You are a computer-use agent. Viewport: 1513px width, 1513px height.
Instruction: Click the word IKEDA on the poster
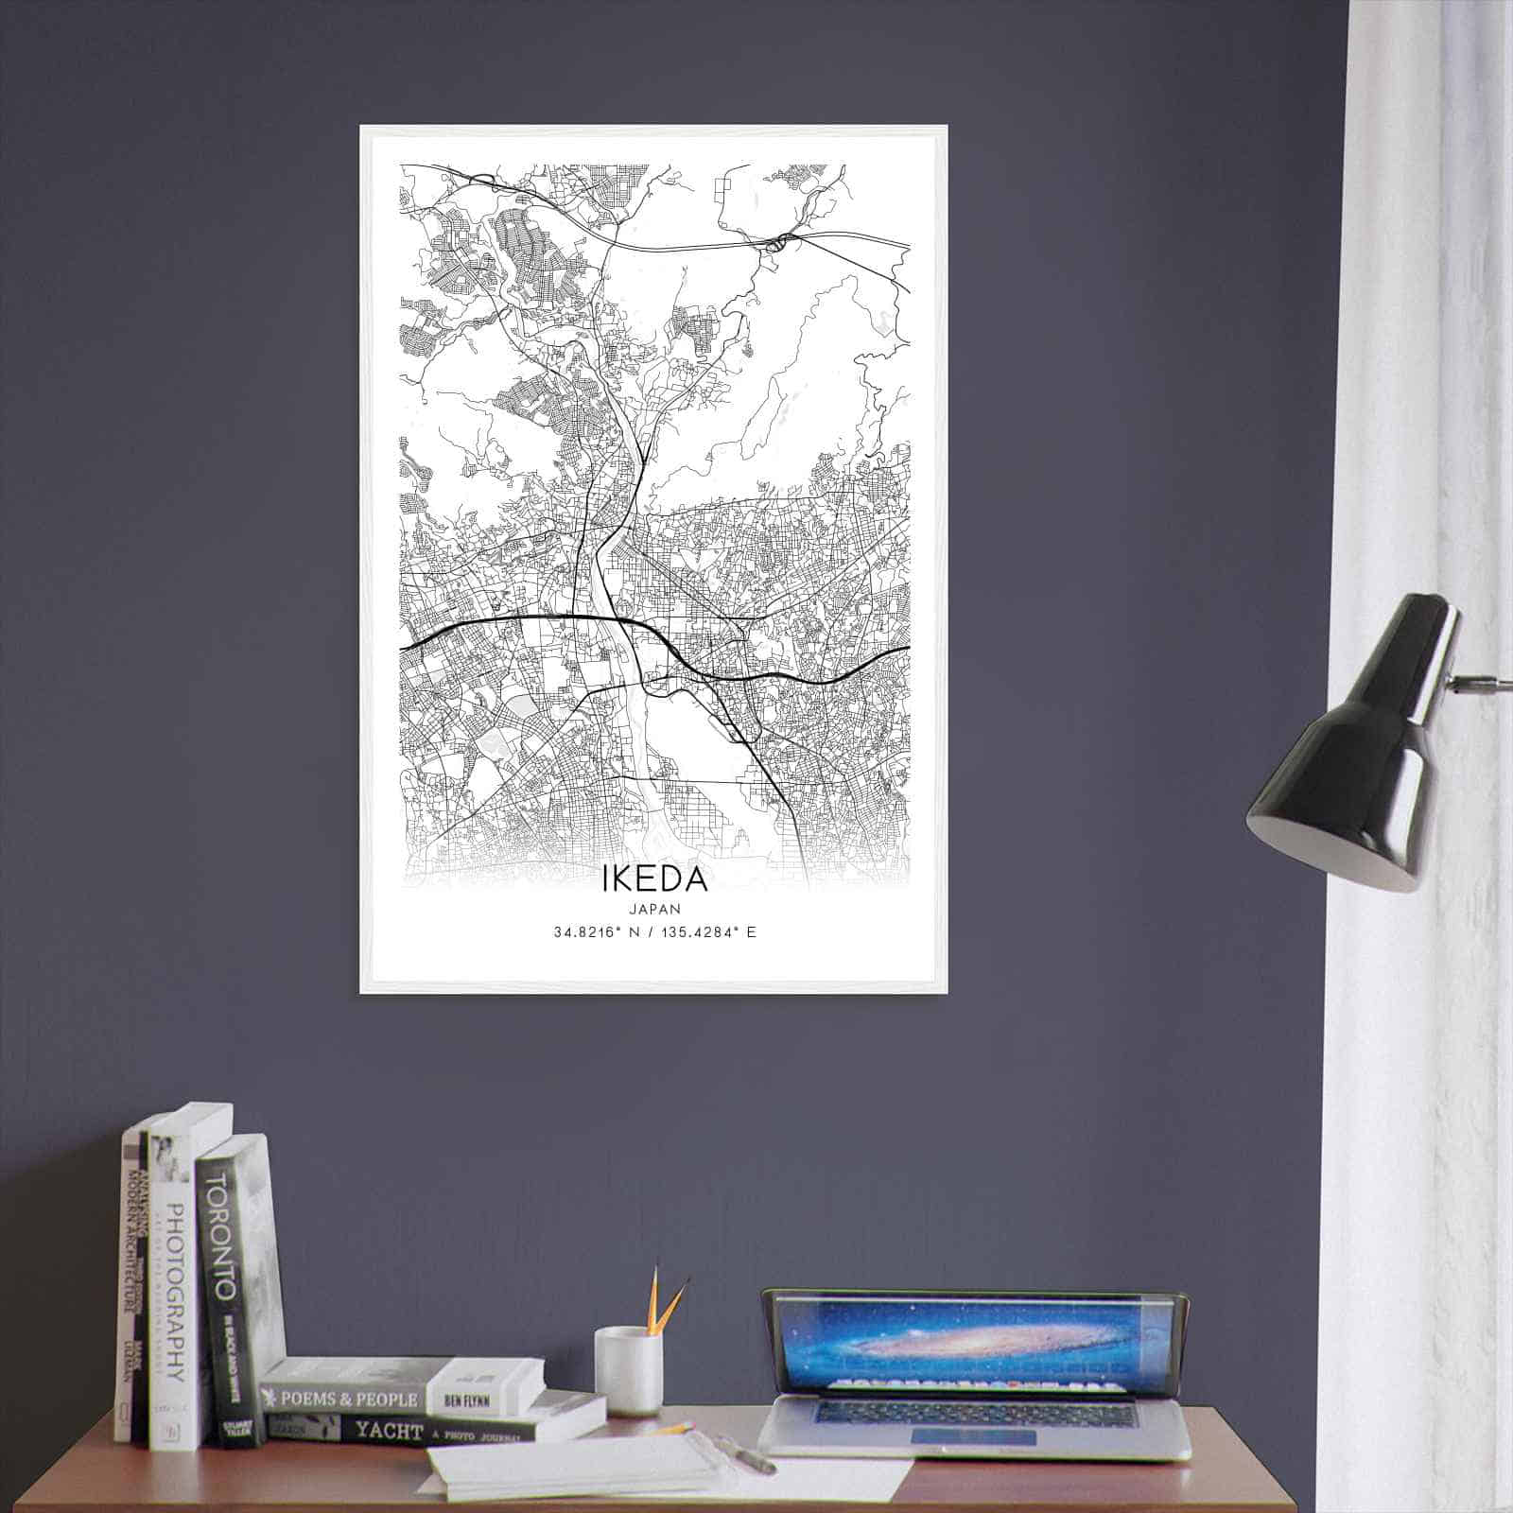[654, 878]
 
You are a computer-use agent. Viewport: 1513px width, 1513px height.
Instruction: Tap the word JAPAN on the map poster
[654, 908]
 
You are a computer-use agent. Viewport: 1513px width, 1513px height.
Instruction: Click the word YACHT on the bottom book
[389, 1430]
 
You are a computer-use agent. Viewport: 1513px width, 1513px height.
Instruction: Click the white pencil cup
[628, 1370]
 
